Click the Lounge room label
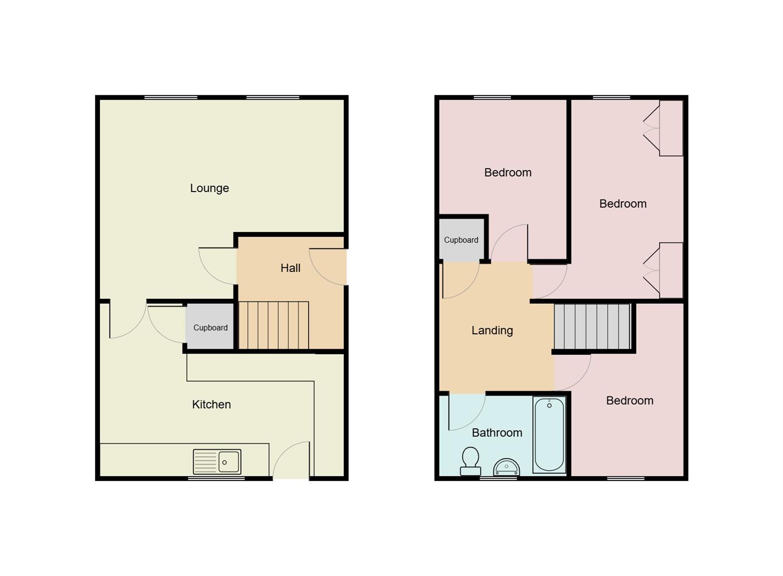point(209,188)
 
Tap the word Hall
point(290,268)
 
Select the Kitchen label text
point(211,405)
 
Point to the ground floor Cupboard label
point(210,328)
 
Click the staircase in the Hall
point(273,325)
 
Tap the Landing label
point(492,331)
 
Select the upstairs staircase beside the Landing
point(592,326)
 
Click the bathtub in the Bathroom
point(549,434)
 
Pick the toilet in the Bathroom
point(470,461)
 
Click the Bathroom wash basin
point(507,467)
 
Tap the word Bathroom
point(497,433)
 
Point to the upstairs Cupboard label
point(461,240)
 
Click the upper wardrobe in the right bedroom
point(670,128)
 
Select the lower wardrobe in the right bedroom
point(670,270)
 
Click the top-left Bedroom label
point(508,173)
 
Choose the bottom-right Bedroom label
point(629,401)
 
